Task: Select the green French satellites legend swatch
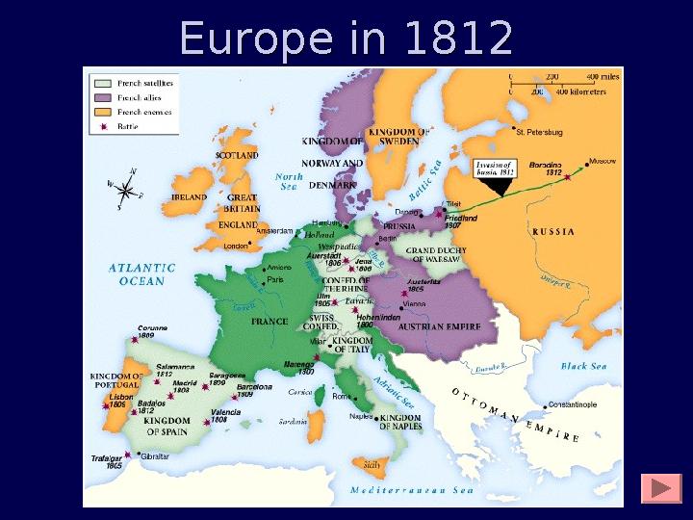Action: coord(100,84)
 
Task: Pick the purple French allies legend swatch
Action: coord(100,98)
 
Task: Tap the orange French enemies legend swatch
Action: coord(100,112)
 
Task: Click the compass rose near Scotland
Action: coord(124,188)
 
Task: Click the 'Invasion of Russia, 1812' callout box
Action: coord(497,169)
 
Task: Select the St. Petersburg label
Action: coord(539,132)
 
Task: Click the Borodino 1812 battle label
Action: coord(545,169)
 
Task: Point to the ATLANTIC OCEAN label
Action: coord(141,274)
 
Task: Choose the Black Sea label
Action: coord(584,366)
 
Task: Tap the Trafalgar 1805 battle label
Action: coord(107,461)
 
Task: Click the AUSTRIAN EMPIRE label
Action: coord(433,326)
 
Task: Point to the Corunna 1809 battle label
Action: coord(152,332)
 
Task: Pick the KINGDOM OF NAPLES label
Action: coord(400,422)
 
